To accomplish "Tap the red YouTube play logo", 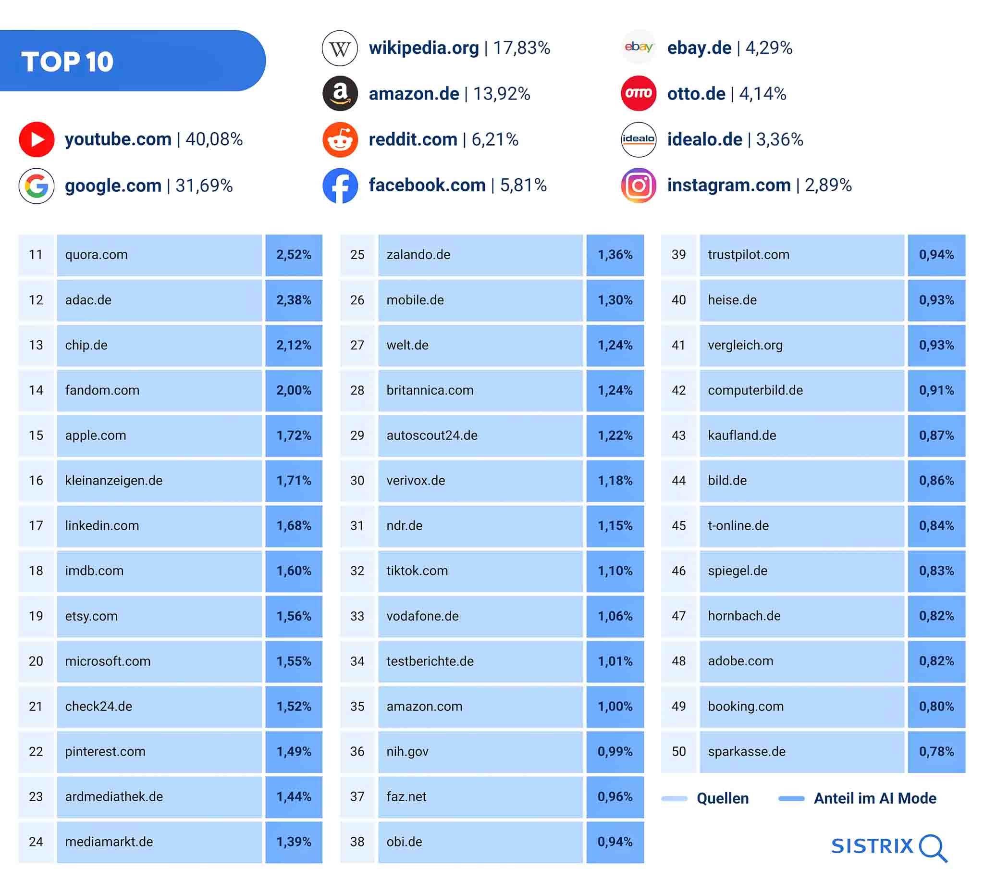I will pyautogui.click(x=37, y=139).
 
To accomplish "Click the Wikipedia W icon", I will pyautogui.click(x=340, y=48).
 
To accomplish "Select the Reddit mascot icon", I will pyautogui.click(x=340, y=140).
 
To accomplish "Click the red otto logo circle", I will pyautogui.click(x=638, y=94).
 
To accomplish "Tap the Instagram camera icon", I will pyautogui.click(x=638, y=185).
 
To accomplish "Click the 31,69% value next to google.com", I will pyautogui.click(x=204, y=186).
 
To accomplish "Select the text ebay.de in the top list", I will pyautogui.click(x=699, y=48).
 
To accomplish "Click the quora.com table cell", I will pyautogui.click(x=159, y=255).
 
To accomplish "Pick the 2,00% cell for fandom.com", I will pyautogui.click(x=294, y=390).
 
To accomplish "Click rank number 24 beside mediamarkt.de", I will pyautogui.click(x=36, y=842).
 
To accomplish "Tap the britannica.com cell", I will pyautogui.click(x=480, y=390).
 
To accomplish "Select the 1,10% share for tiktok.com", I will pyautogui.click(x=615, y=571).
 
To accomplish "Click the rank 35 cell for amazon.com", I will pyautogui.click(x=357, y=707).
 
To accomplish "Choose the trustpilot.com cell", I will pyautogui.click(x=801, y=255).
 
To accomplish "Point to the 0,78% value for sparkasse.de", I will pyautogui.click(x=936, y=752).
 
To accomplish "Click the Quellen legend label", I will pyautogui.click(x=722, y=798).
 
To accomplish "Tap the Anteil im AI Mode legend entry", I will pyautogui.click(x=874, y=798).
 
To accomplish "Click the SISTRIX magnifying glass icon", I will pyautogui.click(x=933, y=847).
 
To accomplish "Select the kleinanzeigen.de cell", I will pyautogui.click(x=159, y=481).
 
